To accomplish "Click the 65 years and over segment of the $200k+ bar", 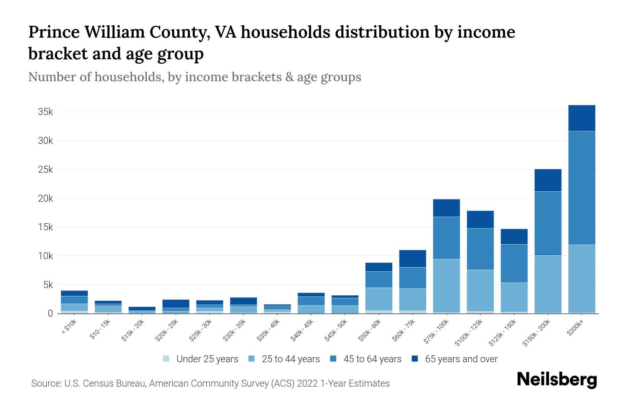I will (581, 118).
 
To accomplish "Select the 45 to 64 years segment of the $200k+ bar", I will (581, 188).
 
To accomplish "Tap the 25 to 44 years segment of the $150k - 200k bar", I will (548, 284).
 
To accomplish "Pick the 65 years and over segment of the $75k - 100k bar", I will (446, 208).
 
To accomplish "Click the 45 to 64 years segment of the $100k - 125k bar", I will (480, 249).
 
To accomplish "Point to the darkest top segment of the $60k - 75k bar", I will (412, 258).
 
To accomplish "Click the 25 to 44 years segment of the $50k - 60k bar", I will (379, 299).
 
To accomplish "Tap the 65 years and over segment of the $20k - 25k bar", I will (176, 303).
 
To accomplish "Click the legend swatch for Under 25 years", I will (167, 358).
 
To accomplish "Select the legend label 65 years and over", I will (461, 359).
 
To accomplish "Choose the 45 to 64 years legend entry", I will (372, 359).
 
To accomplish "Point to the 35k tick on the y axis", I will (45, 112).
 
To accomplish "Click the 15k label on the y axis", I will (45, 227).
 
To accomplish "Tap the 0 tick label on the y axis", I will (50, 313).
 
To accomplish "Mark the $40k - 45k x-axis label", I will (302, 330).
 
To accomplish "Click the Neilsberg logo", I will (557, 380).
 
